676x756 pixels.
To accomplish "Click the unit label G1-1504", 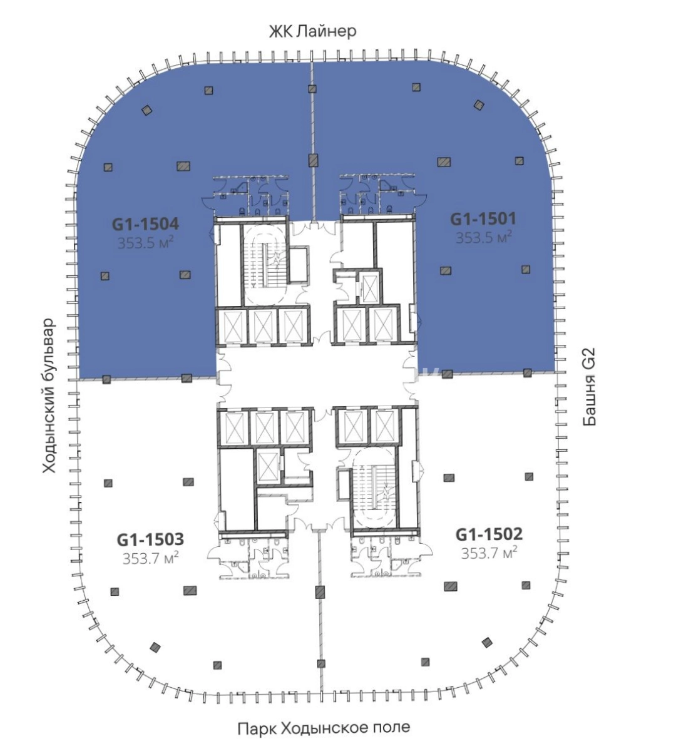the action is pos(146,224).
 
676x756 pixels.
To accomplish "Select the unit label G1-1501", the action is pos(483,218).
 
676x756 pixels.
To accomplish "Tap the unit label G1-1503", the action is pos(150,539).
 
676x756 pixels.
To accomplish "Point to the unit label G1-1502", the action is pos(489,534).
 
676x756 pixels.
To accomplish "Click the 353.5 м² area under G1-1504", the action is pos(146,243).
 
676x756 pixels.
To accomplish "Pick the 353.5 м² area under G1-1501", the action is pos(483,237).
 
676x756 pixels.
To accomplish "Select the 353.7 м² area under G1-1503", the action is pos(150,558).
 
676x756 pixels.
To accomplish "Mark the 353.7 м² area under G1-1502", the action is pos(489,553).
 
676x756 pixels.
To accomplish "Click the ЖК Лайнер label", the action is pos(313,32).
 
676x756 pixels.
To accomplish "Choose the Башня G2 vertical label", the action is pos(589,387).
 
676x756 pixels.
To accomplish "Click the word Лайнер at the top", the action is pos(326,32).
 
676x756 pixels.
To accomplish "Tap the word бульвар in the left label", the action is pos(49,348).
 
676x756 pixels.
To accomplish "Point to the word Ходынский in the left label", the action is pos(49,429).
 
